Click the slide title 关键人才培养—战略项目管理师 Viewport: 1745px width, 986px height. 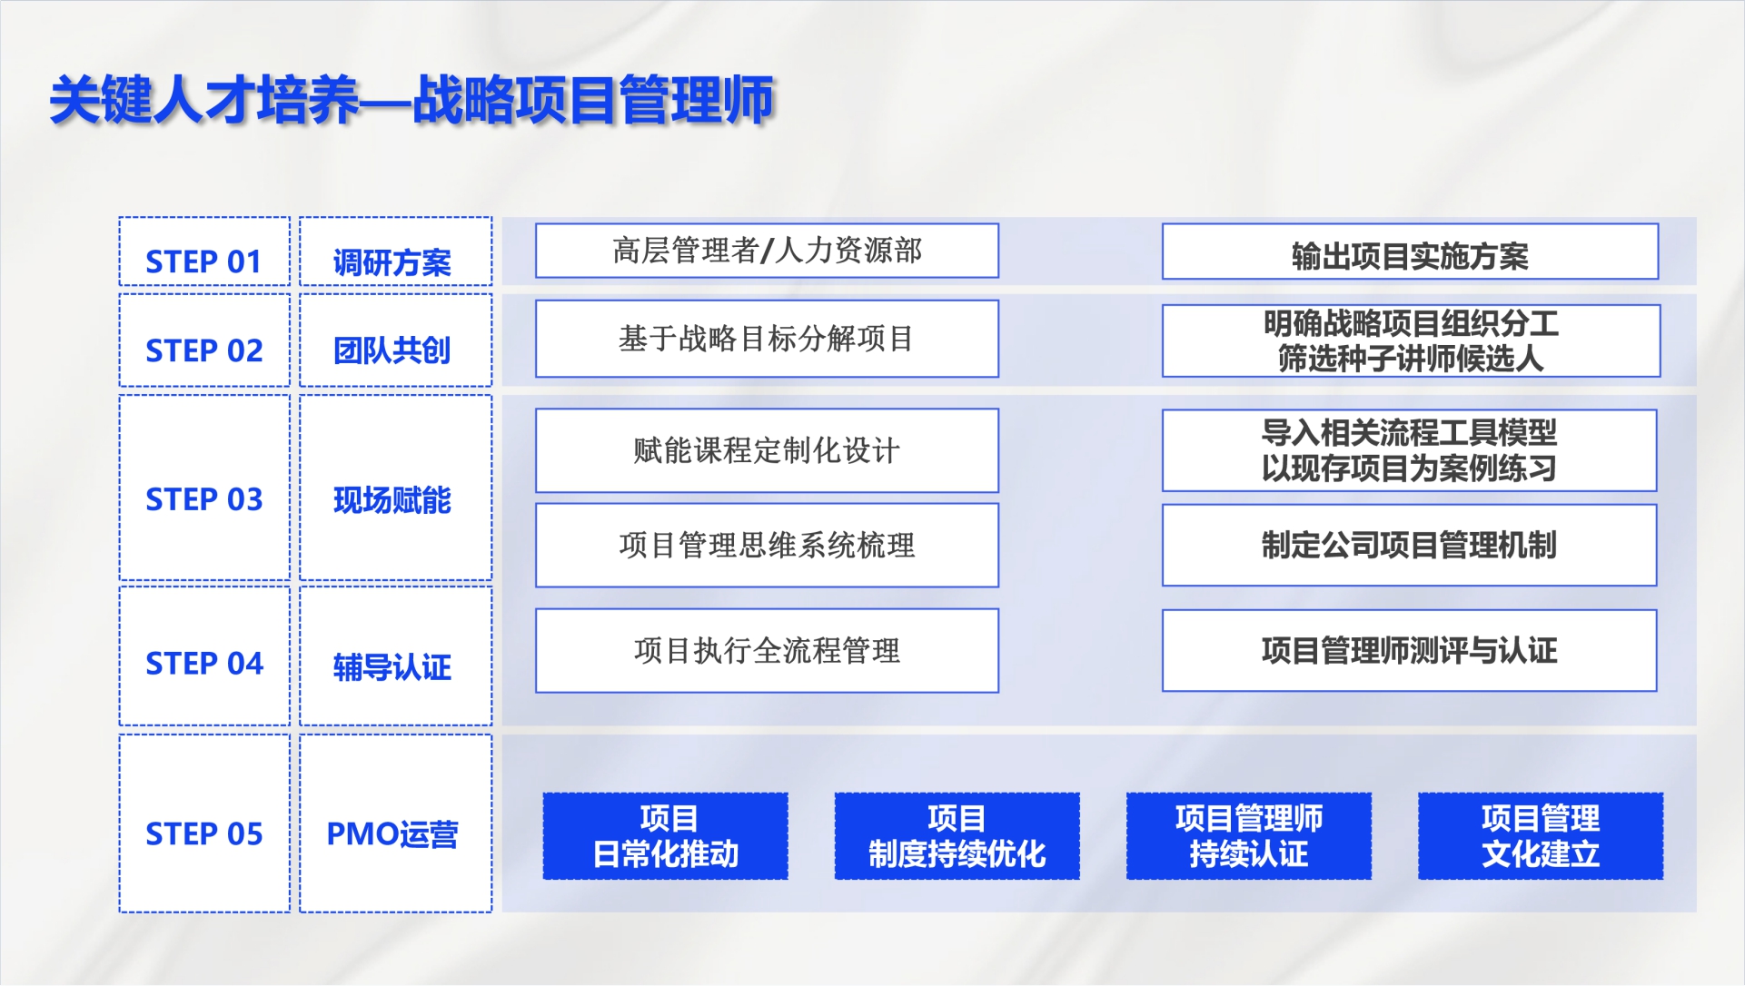tap(411, 99)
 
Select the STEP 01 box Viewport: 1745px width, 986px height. tap(204, 251)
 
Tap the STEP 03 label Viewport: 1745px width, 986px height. tap(204, 499)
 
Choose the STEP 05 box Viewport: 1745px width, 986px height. tap(204, 823)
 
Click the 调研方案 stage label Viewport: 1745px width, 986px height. tap(392, 262)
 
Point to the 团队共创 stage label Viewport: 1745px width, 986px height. tap(392, 350)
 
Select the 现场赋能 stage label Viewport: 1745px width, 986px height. tap(392, 500)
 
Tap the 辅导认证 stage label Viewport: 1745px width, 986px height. tap(392, 667)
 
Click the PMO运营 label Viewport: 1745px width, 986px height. tap(392, 834)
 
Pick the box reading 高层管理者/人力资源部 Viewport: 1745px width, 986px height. tap(767, 251)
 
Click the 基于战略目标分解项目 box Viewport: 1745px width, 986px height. tap(767, 339)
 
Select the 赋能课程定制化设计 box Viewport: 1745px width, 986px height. tap(767, 450)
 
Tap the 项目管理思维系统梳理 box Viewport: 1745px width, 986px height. tap(767, 545)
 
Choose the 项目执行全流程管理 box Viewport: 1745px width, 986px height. tap(767, 650)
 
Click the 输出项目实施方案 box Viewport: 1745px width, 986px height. tap(1410, 251)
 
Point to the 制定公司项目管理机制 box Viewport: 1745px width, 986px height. tap(1409, 545)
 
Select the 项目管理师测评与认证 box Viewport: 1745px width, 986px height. tap(1409, 650)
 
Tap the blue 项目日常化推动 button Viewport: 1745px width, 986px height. tap(666, 836)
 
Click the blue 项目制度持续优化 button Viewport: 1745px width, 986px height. tap(957, 836)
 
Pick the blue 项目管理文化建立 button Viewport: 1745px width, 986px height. tap(1541, 836)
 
